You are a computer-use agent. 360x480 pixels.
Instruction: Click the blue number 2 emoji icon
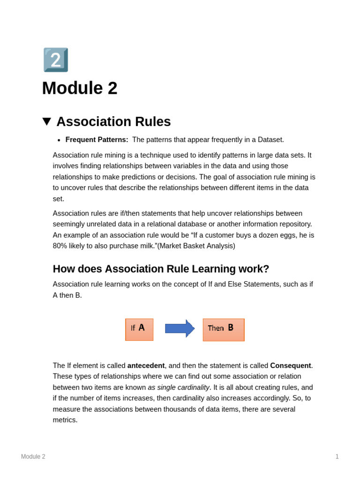pyautogui.click(x=56, y=60)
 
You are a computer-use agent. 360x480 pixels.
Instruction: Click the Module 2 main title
pyautogui.click(x=80, y=88)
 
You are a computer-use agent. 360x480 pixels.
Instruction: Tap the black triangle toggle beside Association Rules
pyautogui.click(x=46, y=121)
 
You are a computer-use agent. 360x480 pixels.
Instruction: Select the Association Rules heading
pyautogui.click(x=113, y=121)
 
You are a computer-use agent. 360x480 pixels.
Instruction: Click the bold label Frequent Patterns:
pyautogui.click(x=97, y=140)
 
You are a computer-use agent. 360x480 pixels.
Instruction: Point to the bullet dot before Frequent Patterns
pyautogui.click(x=59, y=140)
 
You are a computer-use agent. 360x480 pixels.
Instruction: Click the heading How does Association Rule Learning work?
pyautogui.click(x=161, y=269)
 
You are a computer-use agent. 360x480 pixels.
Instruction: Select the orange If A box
pyautogui.click(x=139, y=330)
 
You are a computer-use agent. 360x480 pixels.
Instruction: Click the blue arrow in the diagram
pyautogui.click(x=180, y=329)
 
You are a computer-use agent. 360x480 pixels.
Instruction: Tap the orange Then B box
pyautogui.click(x=224, y=330)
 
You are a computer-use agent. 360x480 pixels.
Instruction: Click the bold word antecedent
pyautogui.click(x=146, y=366)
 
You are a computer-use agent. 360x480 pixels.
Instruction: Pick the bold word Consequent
pyautogui.click(x=290, y=366)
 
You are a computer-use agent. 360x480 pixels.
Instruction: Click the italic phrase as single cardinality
pyautogui.click(x=179, y=388)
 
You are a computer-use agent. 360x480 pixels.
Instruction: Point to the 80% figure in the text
pyautogui.click(x=60, y=246)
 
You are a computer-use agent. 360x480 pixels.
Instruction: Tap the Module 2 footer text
pyautogui.click(x=33, y=457)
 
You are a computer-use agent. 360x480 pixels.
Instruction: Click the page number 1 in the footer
pyautogui.click(x=337, y=457)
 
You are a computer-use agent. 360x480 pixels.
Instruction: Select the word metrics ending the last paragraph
pyautogui.click(x=65, y=420)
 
